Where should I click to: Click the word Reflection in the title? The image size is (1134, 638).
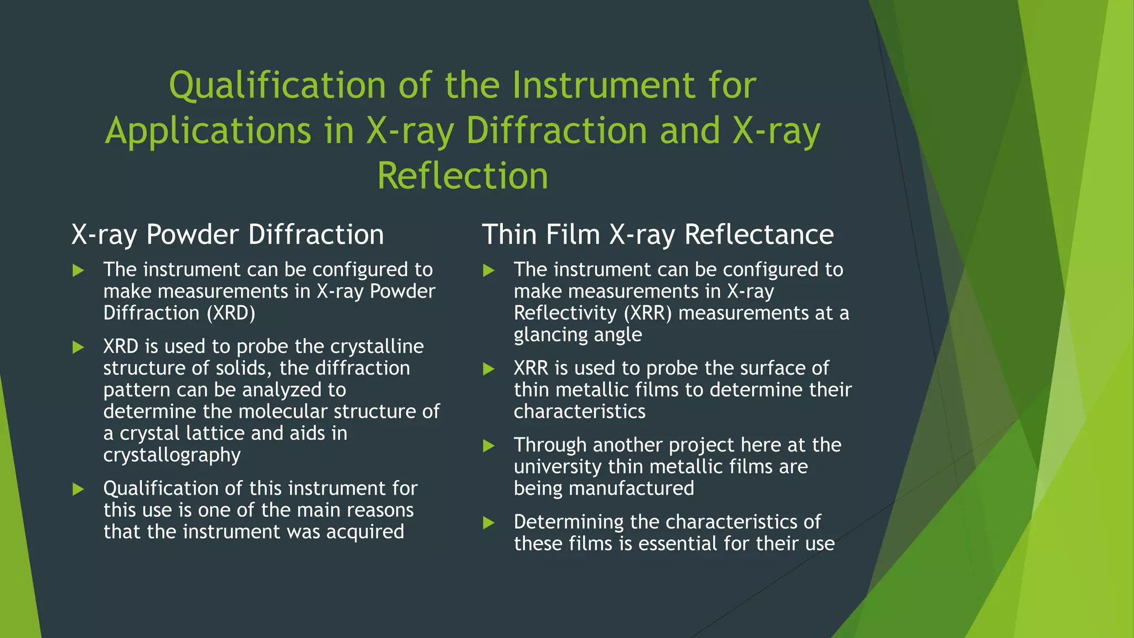(x=462, y=176)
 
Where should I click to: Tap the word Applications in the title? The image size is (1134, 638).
(x=208, y=131)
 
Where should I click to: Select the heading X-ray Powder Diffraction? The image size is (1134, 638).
(x=228, y=234)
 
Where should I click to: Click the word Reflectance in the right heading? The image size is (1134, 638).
(x=759, y=234)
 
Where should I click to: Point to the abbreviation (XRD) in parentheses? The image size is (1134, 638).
(x=231, y=313)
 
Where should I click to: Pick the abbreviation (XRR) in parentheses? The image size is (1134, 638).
(x=647, y=313)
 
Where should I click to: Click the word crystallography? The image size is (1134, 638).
(x=172, y=455)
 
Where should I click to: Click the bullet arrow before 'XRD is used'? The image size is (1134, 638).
(x=78, y=347)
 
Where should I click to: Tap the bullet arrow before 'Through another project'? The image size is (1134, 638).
(x=488, y=446)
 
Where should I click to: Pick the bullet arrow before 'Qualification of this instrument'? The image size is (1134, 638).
(x=78, y=489)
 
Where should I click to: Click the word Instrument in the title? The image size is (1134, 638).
(x=603, y=86)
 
